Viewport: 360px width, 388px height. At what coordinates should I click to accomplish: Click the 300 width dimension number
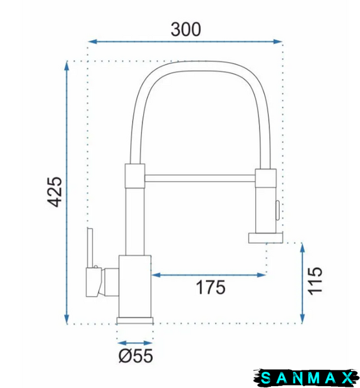[186, 30]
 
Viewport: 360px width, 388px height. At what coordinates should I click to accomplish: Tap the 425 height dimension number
[54, 192]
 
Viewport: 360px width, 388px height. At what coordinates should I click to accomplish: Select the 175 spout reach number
[211, 287]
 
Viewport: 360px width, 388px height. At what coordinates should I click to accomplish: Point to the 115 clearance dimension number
[315, 281]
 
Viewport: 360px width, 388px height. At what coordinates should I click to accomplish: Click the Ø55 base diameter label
[136, 356]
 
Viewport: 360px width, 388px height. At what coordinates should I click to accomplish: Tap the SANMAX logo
[306, 378]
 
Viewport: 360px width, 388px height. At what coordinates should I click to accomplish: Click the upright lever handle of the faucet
[90, 248]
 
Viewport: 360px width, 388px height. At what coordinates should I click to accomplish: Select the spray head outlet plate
[265, 238]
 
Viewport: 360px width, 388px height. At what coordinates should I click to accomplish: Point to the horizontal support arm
[200, 178]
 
